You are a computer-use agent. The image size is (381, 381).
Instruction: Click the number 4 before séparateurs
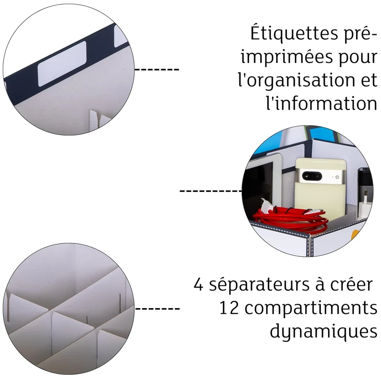pos(199,285)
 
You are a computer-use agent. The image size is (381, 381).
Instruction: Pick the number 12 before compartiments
pos(229,308)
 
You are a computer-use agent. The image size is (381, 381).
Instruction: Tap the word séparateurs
pos(259,285)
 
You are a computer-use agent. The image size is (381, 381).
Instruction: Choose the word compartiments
pos(311,309)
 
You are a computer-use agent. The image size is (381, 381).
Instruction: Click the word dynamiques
pos(324,331)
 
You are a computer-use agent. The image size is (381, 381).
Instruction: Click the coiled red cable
pos(291,220)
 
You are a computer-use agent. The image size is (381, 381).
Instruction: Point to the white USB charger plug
pos(364,205)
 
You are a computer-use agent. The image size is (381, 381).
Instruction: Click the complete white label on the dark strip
pos(62,64)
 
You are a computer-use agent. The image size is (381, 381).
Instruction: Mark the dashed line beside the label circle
pos(157,70)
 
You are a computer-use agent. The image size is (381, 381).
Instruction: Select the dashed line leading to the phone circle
pos(211,191)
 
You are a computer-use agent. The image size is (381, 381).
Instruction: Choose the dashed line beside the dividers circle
pos(157,309)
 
